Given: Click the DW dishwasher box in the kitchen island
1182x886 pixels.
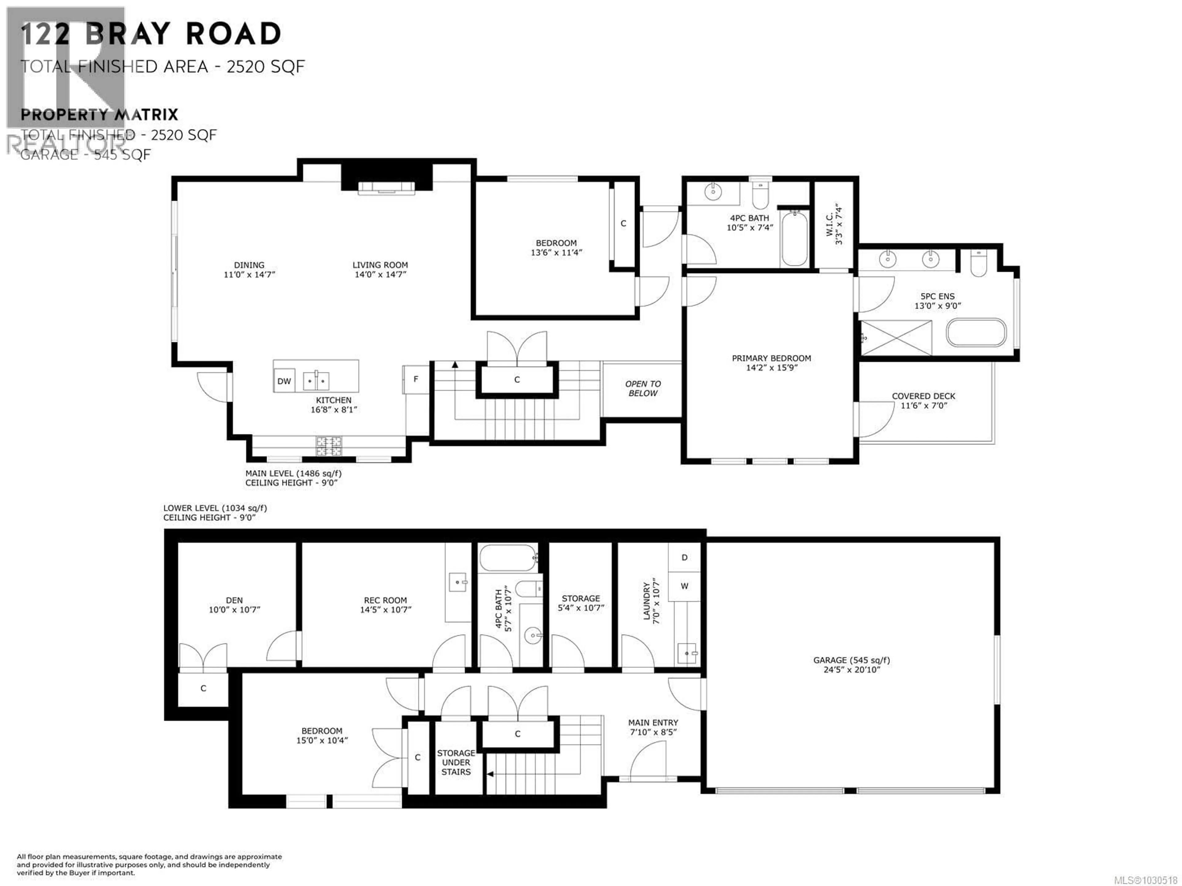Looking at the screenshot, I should coord(284,381).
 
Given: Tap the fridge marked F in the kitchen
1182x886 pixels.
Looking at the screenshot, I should coord(416,379).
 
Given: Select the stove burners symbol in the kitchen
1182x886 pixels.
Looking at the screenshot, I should coord(329,446).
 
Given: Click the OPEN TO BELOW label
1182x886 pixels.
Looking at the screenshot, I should coord(642,388).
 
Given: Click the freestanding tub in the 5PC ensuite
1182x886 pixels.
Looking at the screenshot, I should coord(976,333).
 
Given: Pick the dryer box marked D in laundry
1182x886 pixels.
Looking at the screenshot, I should coord(684,557).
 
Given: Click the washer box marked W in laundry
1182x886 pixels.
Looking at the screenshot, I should coord(684,586).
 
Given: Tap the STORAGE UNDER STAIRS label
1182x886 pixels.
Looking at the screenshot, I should coord(456,762).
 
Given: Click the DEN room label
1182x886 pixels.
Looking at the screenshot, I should coord(234,600).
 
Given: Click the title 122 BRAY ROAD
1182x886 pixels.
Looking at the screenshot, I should coord(151,34).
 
